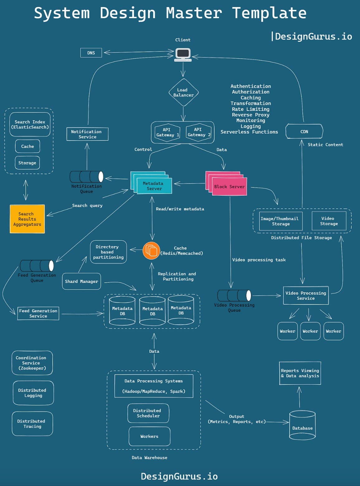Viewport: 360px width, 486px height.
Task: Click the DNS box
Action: (x=91, y=53)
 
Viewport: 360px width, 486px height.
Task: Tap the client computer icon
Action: (x=183, y=55)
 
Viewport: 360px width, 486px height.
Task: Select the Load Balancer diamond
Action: (x=183, y=93)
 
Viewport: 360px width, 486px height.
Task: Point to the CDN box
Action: (x=304, y=131)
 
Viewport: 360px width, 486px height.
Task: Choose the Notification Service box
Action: (x=88, y=134)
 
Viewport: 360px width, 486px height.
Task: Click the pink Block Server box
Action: (x=229, y=186)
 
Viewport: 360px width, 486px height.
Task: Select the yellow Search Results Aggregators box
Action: (x=27, y=219)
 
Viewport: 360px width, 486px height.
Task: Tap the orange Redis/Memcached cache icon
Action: (x=151, y=250)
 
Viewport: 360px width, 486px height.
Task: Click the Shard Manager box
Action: (x=82, y=281)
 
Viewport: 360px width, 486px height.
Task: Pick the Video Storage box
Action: (x=329, y=221)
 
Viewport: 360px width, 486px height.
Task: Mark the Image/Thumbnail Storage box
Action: (x=279, y=221)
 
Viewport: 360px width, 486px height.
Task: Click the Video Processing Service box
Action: (x=306, y=295)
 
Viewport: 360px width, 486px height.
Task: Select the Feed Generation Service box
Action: (x=38, y=313)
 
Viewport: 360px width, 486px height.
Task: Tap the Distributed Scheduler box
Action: (x=148, y=413)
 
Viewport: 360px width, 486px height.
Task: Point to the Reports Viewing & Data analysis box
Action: (x=300, y=373)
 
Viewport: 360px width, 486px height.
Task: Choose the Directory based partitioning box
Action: (x=108, y=252)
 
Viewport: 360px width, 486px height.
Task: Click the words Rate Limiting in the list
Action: (x=250, y=109)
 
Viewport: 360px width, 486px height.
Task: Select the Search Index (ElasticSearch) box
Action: (x=30, y=124)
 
